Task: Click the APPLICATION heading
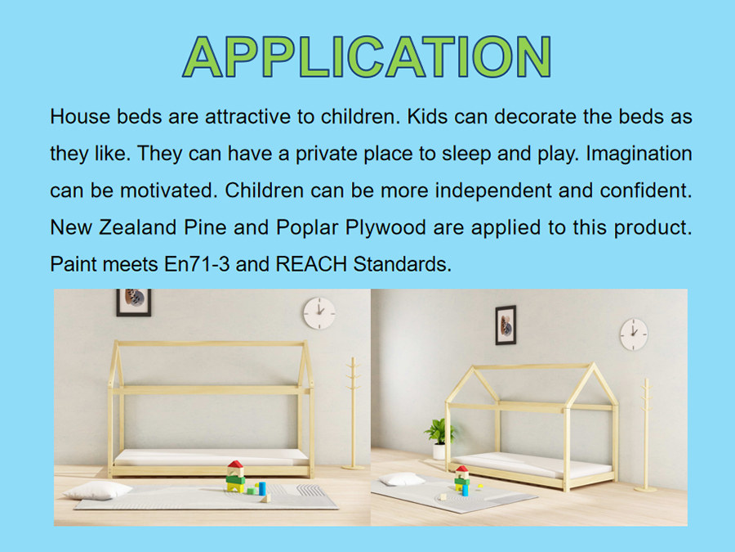(367, 56)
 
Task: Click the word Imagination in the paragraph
(639, 154)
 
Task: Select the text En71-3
(197, 264)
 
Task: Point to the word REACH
(311, 264)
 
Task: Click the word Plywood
(385, 228)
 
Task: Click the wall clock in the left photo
(319, 313)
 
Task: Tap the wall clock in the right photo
(634, 334)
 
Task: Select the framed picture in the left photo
(134, 303)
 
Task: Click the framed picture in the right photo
(506, 325)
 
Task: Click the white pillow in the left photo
(97, 491)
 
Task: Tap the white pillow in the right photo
(402, 479)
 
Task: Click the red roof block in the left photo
(235, 464)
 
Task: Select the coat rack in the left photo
(353, 413)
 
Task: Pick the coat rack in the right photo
(646, 435)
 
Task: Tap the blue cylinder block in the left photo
(262, 488)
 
